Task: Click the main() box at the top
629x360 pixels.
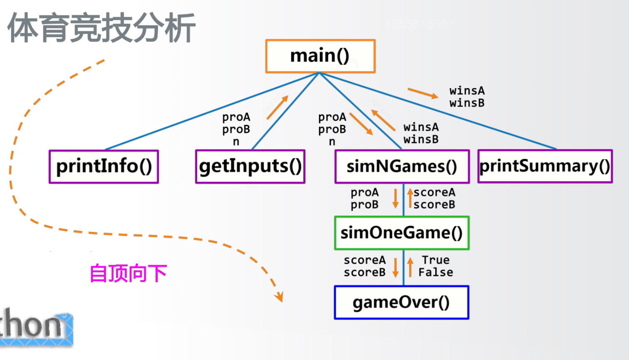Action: [320, 56]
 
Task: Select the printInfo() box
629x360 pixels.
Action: [104, 166]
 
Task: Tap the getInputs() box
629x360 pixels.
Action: [250, 166]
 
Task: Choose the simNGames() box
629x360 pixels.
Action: [402, 166]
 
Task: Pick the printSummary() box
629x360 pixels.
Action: [545, 166]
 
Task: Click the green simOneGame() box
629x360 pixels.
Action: [402, 233]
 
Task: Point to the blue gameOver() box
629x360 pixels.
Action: [401, 303]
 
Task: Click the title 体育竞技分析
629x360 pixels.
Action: [101, 28]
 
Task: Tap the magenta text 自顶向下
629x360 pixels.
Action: [128, 274]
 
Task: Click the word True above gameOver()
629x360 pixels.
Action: [436, 260]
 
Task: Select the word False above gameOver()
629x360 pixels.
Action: [436, 272]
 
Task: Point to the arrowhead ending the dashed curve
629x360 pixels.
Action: [279, 297]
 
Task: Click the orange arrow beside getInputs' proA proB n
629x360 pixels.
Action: [277, 107]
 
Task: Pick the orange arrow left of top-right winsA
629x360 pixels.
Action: [422, 93]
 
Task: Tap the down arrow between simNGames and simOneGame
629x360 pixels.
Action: [395, 198]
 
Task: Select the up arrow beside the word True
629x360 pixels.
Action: [410, 267]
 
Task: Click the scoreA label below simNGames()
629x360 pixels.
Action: [434, 192]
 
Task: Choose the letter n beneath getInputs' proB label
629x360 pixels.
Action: [236, 142]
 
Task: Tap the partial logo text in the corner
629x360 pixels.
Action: [35, 327]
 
